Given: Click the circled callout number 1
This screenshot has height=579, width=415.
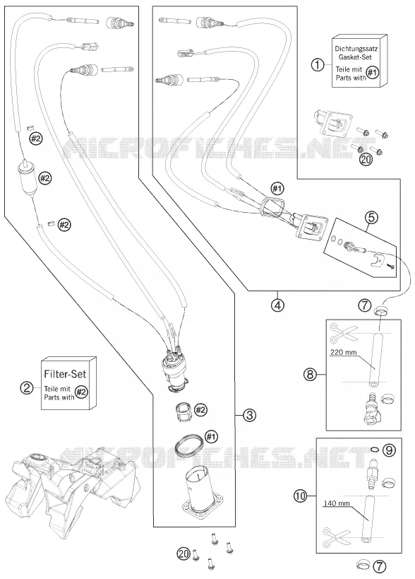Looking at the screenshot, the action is pyautogui.click(x=318, y=65).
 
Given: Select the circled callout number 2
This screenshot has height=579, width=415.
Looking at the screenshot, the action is pyautogui.click(x=27, y=387).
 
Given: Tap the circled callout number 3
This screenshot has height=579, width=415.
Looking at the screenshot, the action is pyautogui.click(x=250, y=415).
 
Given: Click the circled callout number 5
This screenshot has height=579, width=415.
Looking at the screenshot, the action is pyautogui.click(x=371, y=218).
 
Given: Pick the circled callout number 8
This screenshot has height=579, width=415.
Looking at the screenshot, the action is pyautogui.click(x=310, y=375).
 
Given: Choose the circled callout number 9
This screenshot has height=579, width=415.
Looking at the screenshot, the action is pyautogui.click(x=389, y=450).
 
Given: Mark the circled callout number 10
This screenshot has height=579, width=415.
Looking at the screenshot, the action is pyautogui.click(x=301, y=495).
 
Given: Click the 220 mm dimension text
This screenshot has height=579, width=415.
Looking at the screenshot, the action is pyautogui.click(x=343, y=352).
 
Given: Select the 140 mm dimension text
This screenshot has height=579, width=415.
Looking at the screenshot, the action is pyautogui.click(x=337, y=503).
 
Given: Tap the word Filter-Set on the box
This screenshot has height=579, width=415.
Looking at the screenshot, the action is pyautogui.click(x=65, y=374).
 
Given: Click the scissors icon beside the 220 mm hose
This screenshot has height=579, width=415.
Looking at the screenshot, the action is pyautogui.click(x=344, y=333).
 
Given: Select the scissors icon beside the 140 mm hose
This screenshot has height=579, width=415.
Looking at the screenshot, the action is pyautogui.click(x=337, y=539).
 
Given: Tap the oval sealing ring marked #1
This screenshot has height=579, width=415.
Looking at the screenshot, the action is pyautogui.click(x=188, y=445).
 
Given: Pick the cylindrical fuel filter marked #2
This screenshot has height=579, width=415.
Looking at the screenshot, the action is pyautogui.click(x=27, y=178).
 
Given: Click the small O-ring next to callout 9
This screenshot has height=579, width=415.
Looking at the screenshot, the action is pyautogui.click(x=375, y=450).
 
